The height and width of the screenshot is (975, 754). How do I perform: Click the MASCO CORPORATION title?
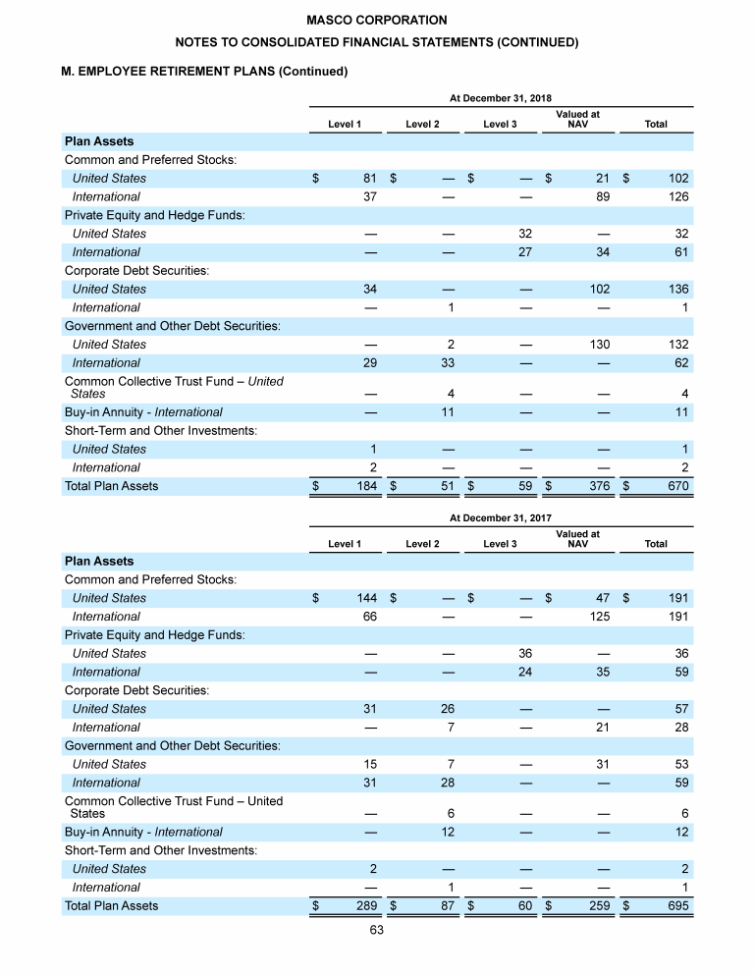[376, 20]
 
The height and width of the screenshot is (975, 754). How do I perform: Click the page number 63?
[376, 931]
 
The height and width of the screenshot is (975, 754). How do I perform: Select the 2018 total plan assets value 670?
[677, 486]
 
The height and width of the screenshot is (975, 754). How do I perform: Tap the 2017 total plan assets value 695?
[677, 905]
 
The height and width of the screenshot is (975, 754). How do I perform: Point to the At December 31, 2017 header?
[501, 518]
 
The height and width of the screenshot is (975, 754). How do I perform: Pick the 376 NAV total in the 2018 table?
[599, 486]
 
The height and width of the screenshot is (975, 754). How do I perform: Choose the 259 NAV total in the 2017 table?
[599, 905]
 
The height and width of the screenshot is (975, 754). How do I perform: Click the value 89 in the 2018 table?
[603, 196]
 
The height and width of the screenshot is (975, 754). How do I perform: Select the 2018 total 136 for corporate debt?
[677, 290]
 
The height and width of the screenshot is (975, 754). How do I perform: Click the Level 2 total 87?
[446, 905]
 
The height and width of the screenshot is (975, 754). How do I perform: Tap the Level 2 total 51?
[446, 486]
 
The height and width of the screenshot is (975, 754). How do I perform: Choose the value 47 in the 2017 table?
[603, 598]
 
